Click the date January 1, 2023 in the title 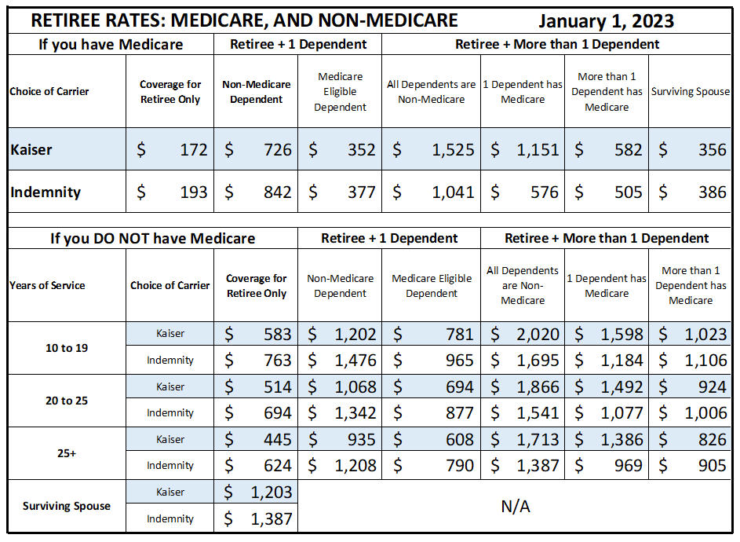pos(606,20)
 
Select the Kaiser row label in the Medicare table pos(31,150)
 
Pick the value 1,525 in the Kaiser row pos(453,150)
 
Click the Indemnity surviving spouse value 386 pos(713,192)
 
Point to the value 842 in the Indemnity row pos(278,192)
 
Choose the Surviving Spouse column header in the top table pos(691,92)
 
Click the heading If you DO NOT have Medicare pos(152,238)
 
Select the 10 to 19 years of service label pos(67,348)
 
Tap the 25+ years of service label pos(67,454)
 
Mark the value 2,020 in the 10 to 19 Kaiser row pos(538,335)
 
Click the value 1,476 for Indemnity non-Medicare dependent pos(355,361)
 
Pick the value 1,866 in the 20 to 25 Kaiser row pos(538,387)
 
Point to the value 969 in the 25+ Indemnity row pos(628,466)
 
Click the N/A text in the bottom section pos(516,507)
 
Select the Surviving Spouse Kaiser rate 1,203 pos(272,493)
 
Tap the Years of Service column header pos(47,285)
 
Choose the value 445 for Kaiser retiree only pos(278,439)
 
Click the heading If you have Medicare pos(111,45)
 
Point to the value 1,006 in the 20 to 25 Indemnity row pos(706,413)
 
